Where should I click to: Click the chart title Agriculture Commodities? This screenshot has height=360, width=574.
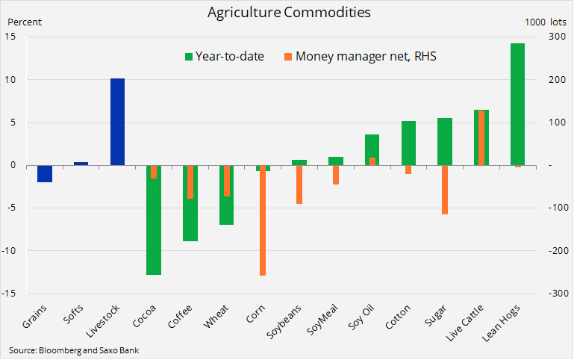(287, 13)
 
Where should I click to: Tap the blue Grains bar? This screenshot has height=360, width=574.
(45, 173)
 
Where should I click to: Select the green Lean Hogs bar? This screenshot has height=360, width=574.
(517, 104)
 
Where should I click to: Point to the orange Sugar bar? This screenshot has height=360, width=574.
(444, 190)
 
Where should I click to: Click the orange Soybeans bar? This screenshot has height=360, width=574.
(299, 184)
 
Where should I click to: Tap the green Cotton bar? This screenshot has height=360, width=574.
(408, 143)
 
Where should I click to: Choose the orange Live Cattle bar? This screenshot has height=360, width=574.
(481, 137)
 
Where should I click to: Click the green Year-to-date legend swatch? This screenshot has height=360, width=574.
(188, 56)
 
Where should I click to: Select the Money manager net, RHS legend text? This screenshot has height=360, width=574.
(366, 56)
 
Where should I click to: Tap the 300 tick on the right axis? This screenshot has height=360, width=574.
(555, 37)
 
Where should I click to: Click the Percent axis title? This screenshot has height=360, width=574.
(24, 22)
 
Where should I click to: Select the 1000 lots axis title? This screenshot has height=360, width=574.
(546, 22)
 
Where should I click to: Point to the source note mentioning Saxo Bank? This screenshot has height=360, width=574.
(74, 350)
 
